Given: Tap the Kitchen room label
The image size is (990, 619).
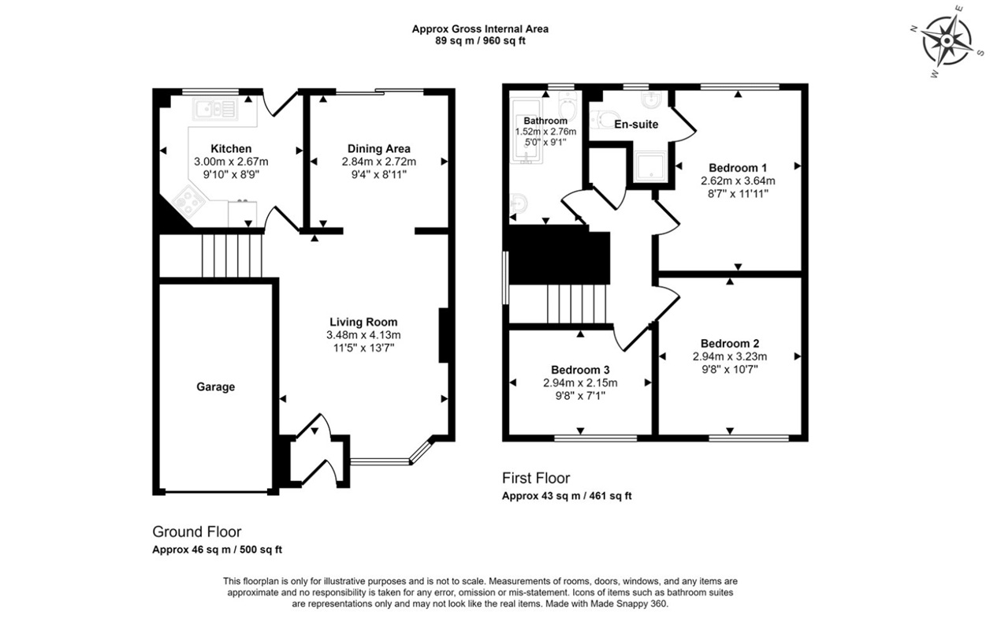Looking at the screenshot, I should [x=231, y=148].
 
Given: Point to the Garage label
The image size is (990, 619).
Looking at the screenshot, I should [x=215, y=387].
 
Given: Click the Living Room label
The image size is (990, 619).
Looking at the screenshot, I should [x=363, y=322].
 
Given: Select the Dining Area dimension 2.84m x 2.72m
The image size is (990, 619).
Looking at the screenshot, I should [x=378, y=162].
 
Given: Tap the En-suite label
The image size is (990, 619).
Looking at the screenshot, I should [x=636, y=125].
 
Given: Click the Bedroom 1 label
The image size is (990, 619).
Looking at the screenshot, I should [x=737, y=167].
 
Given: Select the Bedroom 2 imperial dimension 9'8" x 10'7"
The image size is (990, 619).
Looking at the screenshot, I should [x=729, y=368].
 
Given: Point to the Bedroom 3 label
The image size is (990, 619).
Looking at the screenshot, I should [x=580, y=369].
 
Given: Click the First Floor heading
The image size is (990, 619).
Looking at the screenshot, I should [x=535, y=478].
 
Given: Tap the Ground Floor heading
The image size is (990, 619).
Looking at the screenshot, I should [x=196, y=531].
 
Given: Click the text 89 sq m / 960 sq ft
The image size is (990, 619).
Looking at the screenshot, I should [x=480, y=41].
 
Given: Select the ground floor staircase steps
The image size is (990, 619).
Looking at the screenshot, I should [x=231, y=255].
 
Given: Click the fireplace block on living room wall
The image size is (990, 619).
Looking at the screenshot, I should [x=444, y=334].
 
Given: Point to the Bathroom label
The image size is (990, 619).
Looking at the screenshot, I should [x=545, y=121].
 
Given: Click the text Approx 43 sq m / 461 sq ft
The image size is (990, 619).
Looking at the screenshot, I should [x=567, y=496].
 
